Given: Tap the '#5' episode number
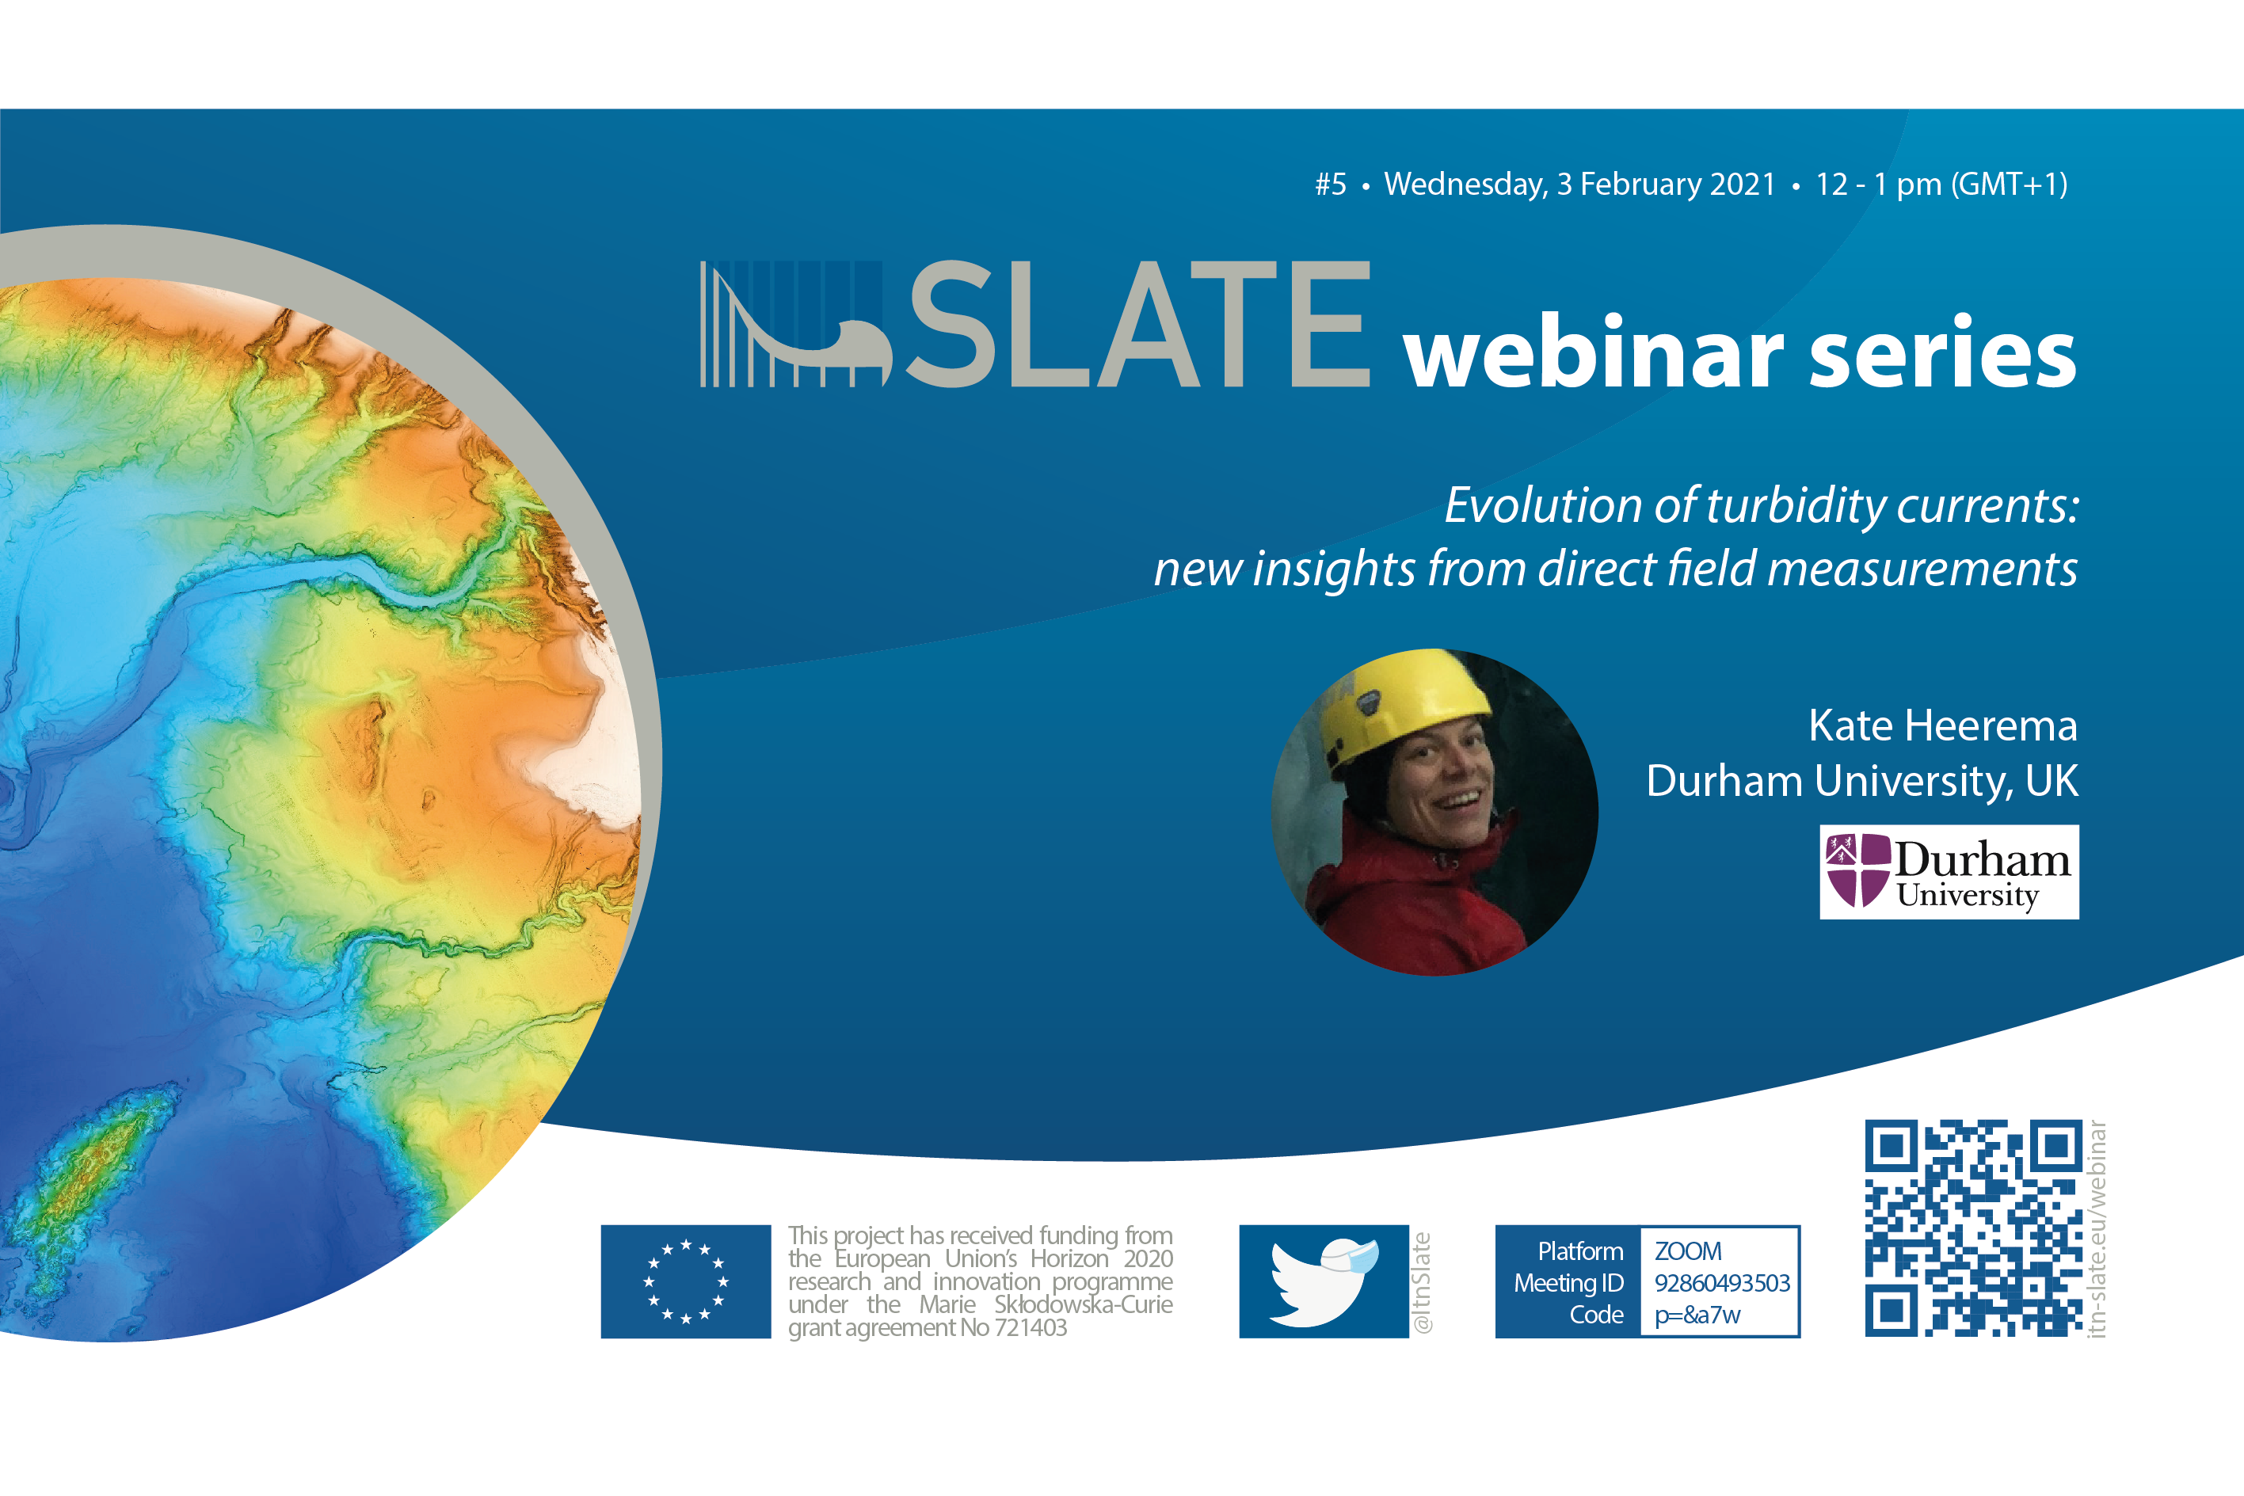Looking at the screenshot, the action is pyautogui.click(x=1331, y=185).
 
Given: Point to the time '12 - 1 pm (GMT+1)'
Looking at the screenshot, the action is pyautogui.click(x=1941, y=185).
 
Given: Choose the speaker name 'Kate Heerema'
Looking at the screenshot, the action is pyautogui.click(x=1942, y=725).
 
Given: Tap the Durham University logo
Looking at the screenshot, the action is pyautogui.click(x=1949, y=872).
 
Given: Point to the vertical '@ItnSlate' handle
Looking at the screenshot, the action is pyautogui.click(x=1422, y=1282).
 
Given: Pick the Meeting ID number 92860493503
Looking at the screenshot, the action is pyautogui.click(x=1722, y=1282).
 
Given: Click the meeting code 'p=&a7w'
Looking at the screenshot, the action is pyautogui.click(x=1697, y=1315).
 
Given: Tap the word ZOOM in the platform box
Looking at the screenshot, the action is pyautogui.click(x=1688, y=1250).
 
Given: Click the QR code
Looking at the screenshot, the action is pyautogui.click(x=1974, y=1228).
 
